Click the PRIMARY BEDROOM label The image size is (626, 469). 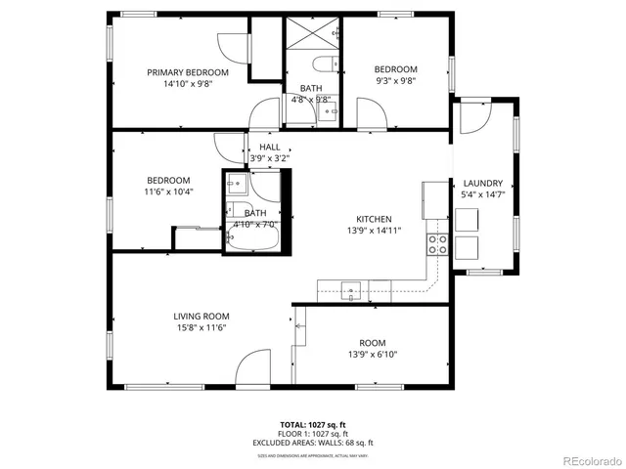pos(188,72)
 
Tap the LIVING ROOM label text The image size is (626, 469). pos(201,316)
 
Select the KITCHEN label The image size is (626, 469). pos(374,219)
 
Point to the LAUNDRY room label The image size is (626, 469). pos(483,183)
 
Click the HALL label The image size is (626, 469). pos(269,147)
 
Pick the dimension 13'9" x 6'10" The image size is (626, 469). pos(372,355)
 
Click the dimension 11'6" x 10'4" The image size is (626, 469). pos(169,192)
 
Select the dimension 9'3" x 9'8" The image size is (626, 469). pos(396,81)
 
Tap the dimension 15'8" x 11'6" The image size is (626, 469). pos(201,328)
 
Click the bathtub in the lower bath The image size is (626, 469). pos(252,237)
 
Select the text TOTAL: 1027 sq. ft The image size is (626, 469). pos(313,424)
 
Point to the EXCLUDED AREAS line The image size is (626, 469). pos(313,442)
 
